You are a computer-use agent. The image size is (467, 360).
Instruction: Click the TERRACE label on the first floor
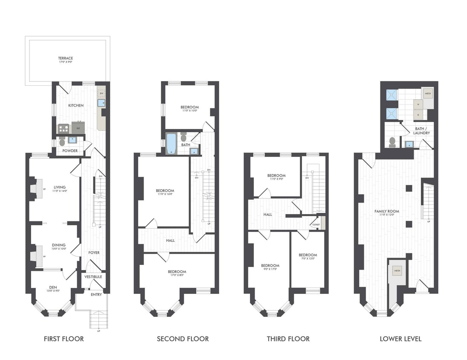66,58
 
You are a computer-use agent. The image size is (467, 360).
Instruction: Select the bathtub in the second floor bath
171,143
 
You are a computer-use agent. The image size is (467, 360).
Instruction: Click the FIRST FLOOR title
64,339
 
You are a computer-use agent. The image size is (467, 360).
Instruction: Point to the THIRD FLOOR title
288,339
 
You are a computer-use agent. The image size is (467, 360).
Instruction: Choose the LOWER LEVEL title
400,339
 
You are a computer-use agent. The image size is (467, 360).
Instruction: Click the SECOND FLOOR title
183,339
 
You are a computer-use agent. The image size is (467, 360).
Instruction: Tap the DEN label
53,287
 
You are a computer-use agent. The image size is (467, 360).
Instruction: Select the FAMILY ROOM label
387,211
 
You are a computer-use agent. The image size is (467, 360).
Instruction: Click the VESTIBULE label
93,277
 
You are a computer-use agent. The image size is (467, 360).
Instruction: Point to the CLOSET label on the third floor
316,224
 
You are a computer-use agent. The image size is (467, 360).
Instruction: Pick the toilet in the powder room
62,141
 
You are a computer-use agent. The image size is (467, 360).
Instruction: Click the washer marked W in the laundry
418,104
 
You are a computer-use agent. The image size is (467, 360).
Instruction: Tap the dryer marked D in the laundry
418,114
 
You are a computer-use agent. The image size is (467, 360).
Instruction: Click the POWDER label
70,151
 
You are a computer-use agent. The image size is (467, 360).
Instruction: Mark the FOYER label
94,253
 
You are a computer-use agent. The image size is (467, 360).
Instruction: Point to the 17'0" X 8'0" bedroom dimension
177,276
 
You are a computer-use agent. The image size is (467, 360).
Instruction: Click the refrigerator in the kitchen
78,127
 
